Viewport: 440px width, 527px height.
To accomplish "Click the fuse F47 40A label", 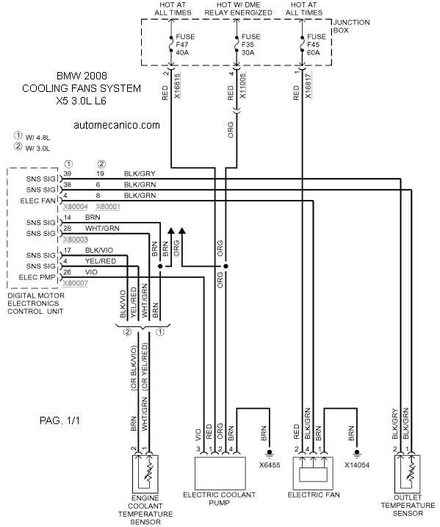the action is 185,45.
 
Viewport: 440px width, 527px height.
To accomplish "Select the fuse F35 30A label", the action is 250,45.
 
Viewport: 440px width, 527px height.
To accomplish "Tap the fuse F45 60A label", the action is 317,45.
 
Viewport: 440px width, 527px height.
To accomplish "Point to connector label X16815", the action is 177,85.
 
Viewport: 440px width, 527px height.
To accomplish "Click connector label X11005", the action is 242,85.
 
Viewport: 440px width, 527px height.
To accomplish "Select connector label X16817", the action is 308,85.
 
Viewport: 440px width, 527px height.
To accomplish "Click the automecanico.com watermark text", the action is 117,126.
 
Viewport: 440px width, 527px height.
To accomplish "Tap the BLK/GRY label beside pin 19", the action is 140,173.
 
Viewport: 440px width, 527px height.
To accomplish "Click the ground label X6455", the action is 270,465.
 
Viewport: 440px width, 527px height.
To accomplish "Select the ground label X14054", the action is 357,465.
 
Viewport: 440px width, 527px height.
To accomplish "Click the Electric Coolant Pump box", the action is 220,473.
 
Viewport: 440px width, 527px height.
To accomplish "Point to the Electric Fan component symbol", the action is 313,473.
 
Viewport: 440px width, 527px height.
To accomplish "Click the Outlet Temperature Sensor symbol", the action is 407,474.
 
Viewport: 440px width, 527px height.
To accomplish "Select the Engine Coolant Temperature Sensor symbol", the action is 145,474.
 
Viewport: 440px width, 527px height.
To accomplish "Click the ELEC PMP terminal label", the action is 37,278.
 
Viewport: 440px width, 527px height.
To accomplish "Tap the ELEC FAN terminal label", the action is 37,201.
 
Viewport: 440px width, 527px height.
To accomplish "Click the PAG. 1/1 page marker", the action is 59,420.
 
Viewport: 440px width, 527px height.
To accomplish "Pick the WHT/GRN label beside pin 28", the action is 102,229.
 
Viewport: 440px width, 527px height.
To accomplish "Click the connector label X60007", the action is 76,283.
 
